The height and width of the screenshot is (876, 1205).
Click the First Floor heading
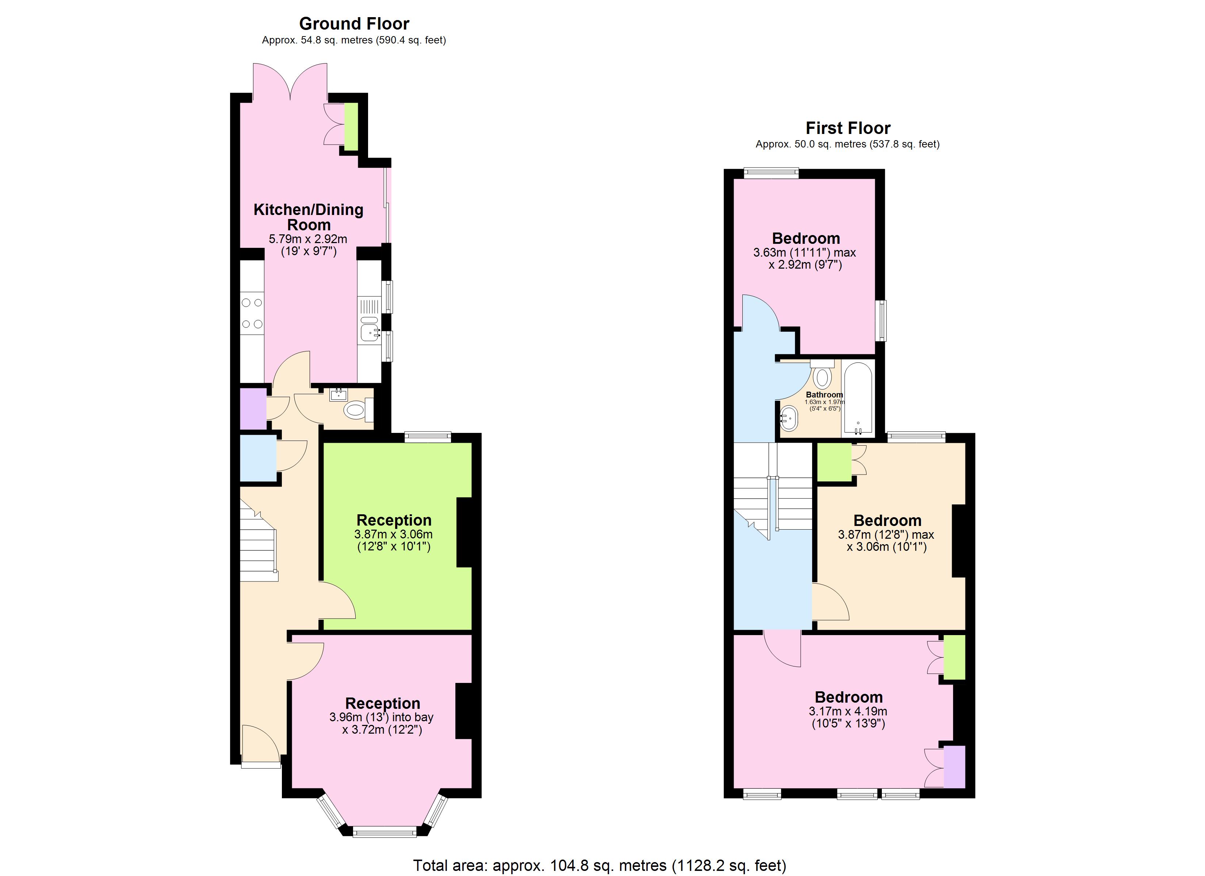pyautogui.click(x=848, y=128)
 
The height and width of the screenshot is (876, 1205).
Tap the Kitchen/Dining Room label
pyautogui.click(x=308, y=217)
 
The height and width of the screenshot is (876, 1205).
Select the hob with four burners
pyautogui.click(x=252, y=314)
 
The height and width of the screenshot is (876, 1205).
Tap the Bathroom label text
pyautogui.click(x=824, y=395)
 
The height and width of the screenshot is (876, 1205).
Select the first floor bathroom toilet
pyautogui.click(x=822, y=376)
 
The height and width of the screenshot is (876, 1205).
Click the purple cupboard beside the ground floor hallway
pyautogui.click(x=253, y=409)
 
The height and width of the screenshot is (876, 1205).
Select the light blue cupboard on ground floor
pyautogui.click(x=258, y=458)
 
